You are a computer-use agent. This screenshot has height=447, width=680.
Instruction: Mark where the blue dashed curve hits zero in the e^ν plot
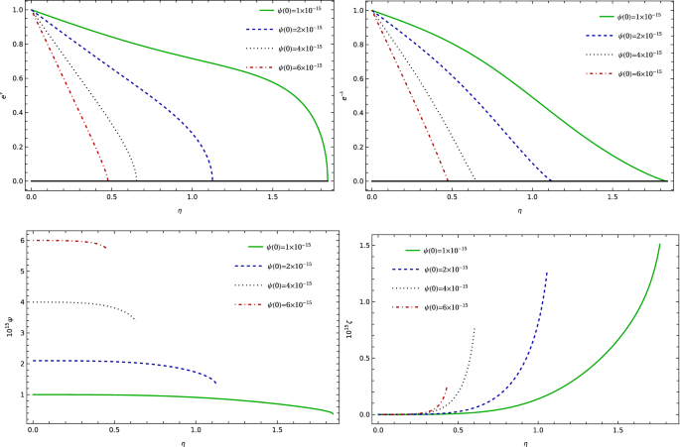pyautogui.click(x=211, y=180)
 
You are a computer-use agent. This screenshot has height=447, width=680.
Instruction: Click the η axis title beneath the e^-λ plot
pyautogui.click(x=519, y=210)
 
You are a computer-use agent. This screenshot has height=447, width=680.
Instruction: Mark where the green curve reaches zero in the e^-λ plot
pyautogui.click(x=666, y=180)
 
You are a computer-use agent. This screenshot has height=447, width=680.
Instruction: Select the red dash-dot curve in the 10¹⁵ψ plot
pyautogui.click(x=69, y=241)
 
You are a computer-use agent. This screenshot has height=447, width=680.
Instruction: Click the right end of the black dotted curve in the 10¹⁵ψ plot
pyautogui.click(x=135, y=318)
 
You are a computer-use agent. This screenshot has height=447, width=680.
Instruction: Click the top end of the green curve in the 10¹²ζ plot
pyautogui.click(x=659, y=244)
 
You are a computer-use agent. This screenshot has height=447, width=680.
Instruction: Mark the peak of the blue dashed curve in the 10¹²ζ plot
pyautogui.click(x=547, y=273)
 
